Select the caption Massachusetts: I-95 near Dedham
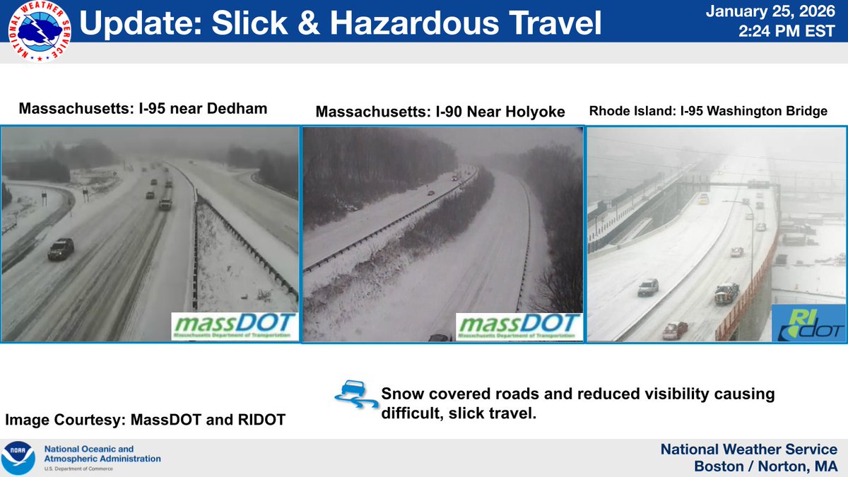(x=143, y=109)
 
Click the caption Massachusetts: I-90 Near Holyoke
(x=440, y=112)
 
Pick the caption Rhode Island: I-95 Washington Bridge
(x=707, y=111)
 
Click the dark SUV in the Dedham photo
(x=61, y=248)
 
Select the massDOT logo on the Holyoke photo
(x=519, y=326)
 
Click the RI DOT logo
(x=808, y=322)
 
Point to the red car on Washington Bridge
(x=675, y=329)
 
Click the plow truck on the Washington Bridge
(x=726, y=293)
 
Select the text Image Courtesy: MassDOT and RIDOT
(x=146, y=420)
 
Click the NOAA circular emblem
(x=18, y=457)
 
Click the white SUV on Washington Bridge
(x=647, y=286)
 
